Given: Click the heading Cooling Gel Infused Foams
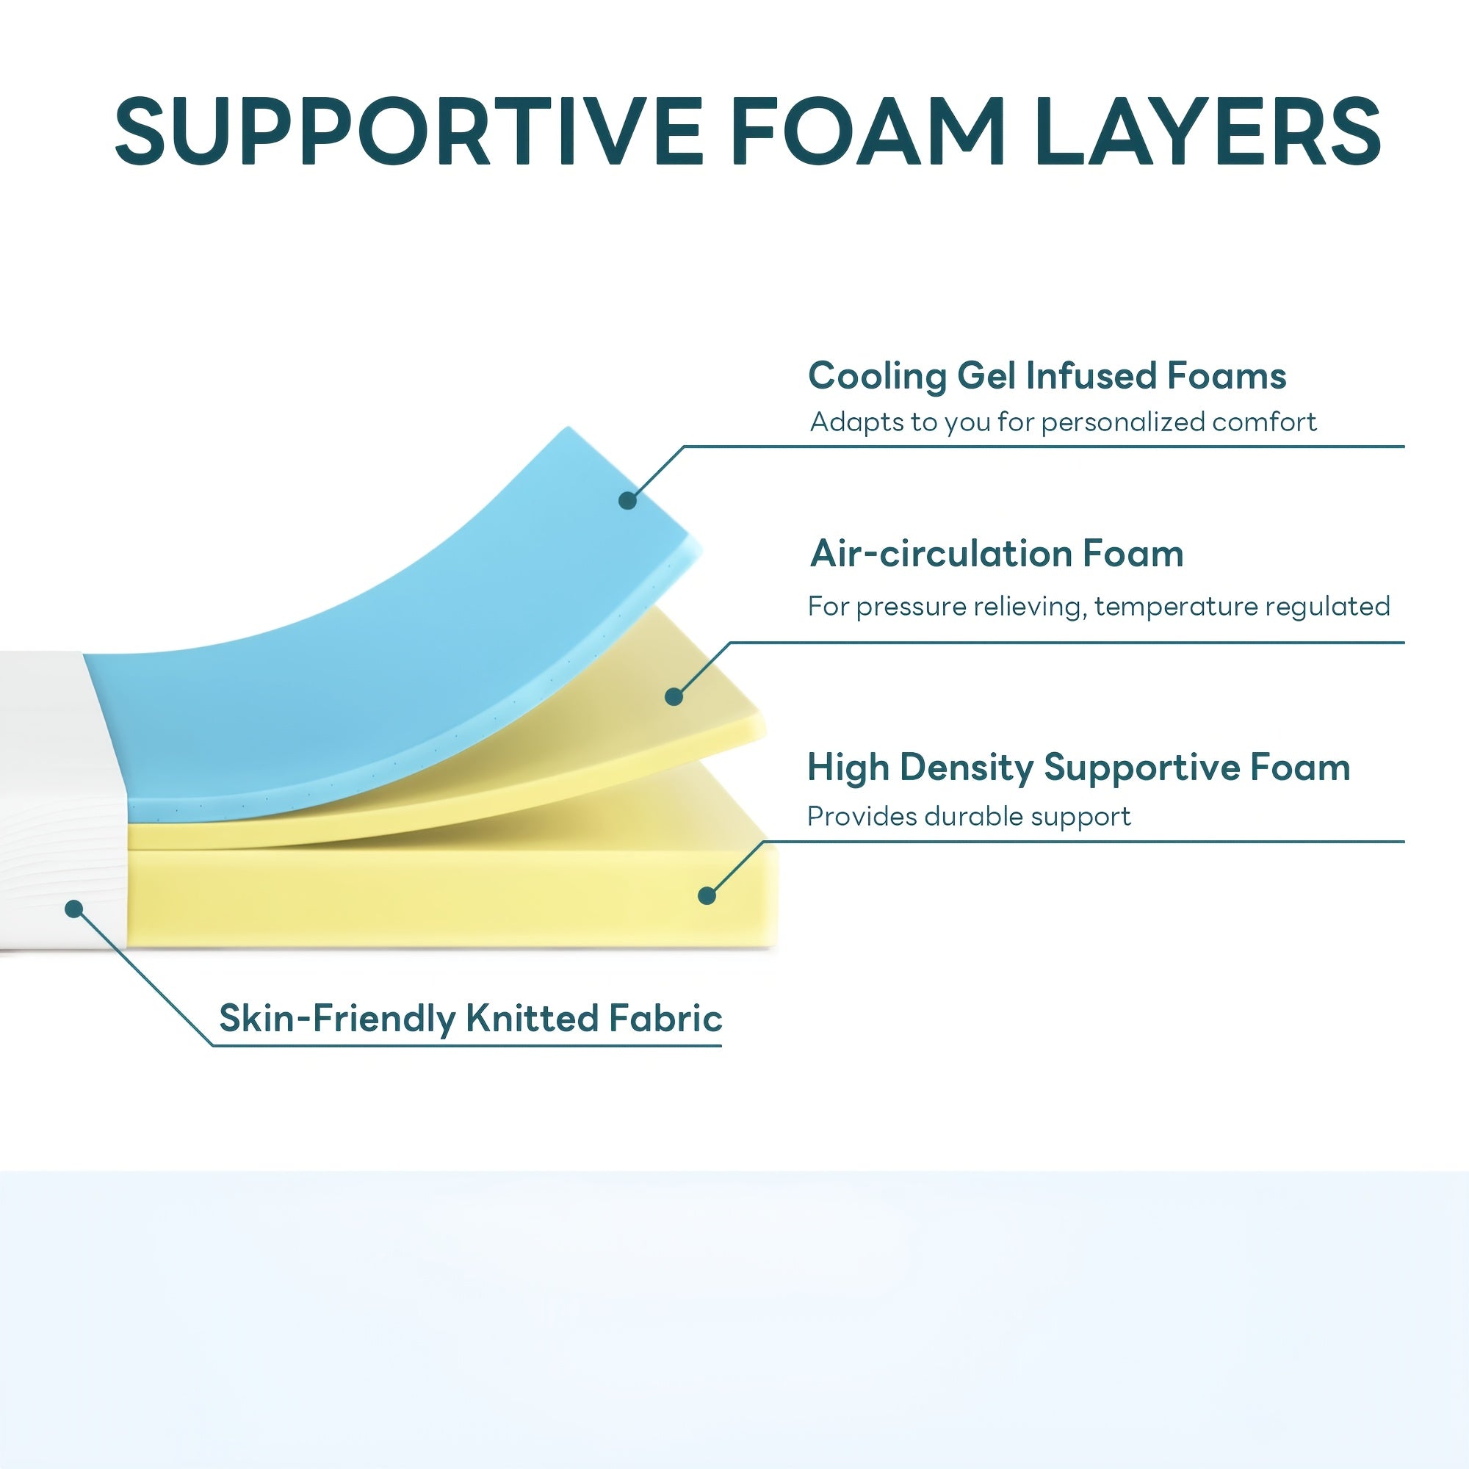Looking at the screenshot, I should [1047, 375].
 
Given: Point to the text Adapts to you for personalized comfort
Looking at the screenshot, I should [1063, 422].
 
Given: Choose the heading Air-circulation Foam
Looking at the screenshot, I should [997, 554].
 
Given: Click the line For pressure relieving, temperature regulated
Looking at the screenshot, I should [1099, 606].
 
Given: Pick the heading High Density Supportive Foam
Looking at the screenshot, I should [1078, 768].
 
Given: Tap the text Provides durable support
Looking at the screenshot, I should [969, 817].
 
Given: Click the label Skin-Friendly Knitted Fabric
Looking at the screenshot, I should [471, 1018].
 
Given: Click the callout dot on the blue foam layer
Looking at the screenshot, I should [627, 500].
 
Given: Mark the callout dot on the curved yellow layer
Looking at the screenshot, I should [674, 696].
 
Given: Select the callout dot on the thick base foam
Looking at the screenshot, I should [707, 895].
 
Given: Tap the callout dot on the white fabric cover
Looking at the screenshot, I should [73, 909].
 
